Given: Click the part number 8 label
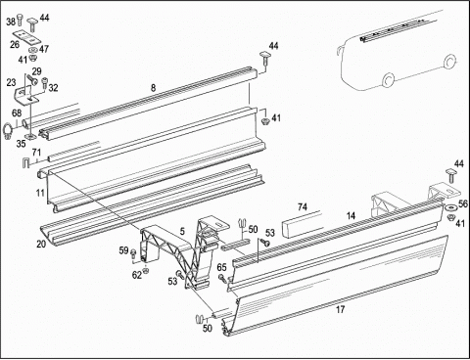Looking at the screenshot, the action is pos(153,87).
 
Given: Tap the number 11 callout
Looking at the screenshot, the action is pos(40,193).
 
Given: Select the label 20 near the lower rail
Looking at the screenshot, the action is pos(41,244).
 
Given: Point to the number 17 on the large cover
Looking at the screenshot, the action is pos(340,309).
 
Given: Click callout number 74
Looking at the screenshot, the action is pos(303,206).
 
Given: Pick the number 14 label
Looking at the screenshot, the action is pos(351,215).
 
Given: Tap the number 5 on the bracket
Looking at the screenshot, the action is pos(182,231).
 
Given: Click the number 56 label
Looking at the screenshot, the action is pos(463,203).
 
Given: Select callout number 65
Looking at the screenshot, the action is pos(221,267).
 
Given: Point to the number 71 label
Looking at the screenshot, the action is pos(36,153).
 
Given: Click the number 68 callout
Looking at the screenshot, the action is pos(17,113).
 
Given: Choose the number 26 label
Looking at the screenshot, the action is pos(15,45).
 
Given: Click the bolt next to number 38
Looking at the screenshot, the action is pos(20,20).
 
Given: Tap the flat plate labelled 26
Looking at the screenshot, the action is pos(26,37).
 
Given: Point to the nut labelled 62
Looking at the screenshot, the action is pos(146,270).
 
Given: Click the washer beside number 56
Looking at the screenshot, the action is pos(451,207).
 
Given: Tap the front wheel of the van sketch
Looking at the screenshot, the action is pos(389,79).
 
